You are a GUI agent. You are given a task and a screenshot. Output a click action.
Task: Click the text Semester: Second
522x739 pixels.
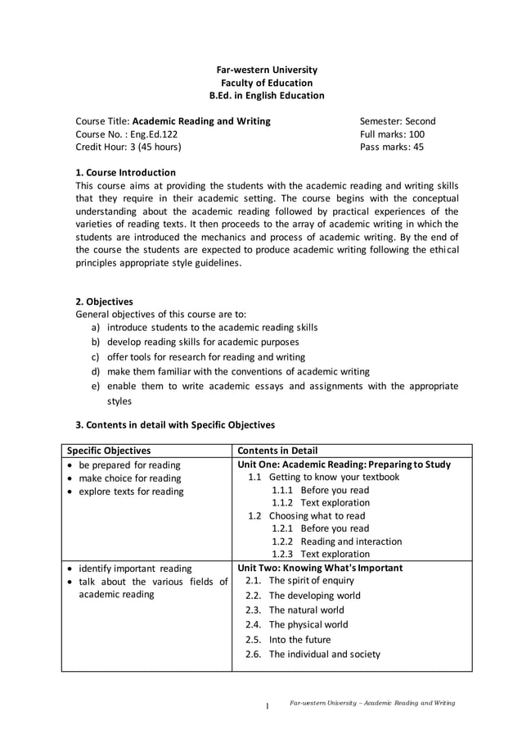(398, 121)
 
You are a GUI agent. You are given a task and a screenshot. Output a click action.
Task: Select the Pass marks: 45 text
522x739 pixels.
(392, 147)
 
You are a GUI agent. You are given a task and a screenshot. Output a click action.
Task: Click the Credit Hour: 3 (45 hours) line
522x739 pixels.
(128, 147)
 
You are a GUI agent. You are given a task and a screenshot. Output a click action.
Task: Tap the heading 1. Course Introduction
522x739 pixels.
(125, 173)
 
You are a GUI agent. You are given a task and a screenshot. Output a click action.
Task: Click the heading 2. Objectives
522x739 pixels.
(104, 301)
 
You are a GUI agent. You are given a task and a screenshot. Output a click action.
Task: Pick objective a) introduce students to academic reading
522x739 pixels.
(211, 328)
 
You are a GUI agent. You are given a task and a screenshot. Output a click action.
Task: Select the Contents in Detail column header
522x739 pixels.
(277, 451)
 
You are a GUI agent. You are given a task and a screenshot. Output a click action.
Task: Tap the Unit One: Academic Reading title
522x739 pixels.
(344, 464)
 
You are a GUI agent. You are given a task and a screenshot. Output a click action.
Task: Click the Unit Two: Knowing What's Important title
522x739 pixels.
(320, 567)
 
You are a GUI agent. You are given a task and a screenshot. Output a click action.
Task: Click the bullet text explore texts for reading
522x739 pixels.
(131, 492)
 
